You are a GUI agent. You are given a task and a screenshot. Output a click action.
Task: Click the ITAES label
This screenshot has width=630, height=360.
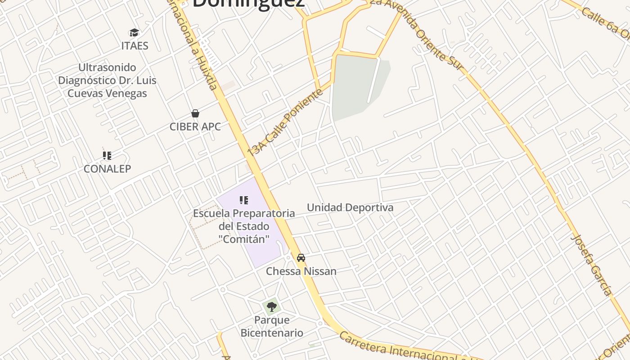coord(135,46)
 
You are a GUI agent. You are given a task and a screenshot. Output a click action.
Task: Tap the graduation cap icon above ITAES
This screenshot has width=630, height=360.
coord(134,32)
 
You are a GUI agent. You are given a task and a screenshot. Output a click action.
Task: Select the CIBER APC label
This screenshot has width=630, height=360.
coord(195,127)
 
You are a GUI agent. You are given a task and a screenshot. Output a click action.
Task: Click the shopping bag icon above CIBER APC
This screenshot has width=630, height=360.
coord(195,113)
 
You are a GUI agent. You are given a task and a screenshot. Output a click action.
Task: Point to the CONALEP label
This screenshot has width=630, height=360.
coord(108,169)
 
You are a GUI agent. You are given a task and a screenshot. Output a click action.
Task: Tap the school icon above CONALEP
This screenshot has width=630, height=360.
coord(107,156)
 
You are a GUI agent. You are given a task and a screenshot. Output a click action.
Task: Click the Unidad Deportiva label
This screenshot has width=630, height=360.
coord(350,207)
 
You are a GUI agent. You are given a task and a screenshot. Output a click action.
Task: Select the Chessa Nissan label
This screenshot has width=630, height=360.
coord(301,271)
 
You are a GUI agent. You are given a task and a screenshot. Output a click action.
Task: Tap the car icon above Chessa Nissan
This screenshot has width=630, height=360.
coord(301,258)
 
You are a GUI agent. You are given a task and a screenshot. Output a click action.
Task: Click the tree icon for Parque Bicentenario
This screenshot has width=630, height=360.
coord(271,307)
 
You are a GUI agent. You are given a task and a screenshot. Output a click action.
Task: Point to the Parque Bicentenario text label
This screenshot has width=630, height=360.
coord(272,327)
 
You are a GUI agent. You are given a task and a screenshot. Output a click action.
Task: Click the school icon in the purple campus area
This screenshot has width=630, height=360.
coord(244,200)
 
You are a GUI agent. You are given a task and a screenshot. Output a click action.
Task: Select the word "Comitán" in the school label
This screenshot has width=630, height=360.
coord(244,239)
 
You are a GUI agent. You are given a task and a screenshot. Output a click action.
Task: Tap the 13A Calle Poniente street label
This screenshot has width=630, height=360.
coord(285,122)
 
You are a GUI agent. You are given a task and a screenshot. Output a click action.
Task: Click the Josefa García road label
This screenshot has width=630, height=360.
coord(592,265)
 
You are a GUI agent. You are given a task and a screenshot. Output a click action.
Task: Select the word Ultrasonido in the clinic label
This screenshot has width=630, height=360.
coord(107,67)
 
